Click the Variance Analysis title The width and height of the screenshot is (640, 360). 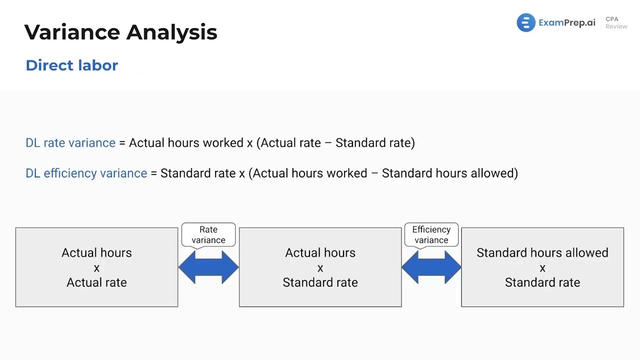(x=120, y=32)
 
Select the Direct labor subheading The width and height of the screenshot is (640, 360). (x=71, y=65)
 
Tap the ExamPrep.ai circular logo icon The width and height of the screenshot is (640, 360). (x=525, y=23)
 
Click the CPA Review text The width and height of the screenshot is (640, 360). (x=615, y=23)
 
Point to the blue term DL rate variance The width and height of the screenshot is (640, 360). (x=70, y=143)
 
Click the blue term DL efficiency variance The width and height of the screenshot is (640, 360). (x=86, y=173)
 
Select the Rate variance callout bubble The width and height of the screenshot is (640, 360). (x=208, y=234)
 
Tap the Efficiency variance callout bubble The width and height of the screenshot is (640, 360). (x=431, y=234)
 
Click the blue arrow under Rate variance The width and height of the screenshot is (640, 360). (x=208, y=267)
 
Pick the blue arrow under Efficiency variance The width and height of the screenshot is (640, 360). (x=431, y=267)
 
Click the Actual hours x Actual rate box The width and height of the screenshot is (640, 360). (x=96, y=267)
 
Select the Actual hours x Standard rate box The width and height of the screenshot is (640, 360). (x=320, y=267)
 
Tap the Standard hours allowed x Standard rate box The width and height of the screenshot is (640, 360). (x=542, y=267)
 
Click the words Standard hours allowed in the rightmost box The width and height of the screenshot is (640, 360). (x=542, y=253)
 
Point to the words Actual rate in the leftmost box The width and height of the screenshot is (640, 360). (x=96, y=282)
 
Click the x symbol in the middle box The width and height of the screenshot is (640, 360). (x=320, y=268)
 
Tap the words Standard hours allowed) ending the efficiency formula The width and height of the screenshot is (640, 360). (x=449, y=173)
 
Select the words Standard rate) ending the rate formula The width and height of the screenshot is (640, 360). (x=375, y=143)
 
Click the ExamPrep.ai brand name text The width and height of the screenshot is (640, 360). (x=566, y=23)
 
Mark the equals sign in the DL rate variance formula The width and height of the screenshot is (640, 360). (x=122, y=143)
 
